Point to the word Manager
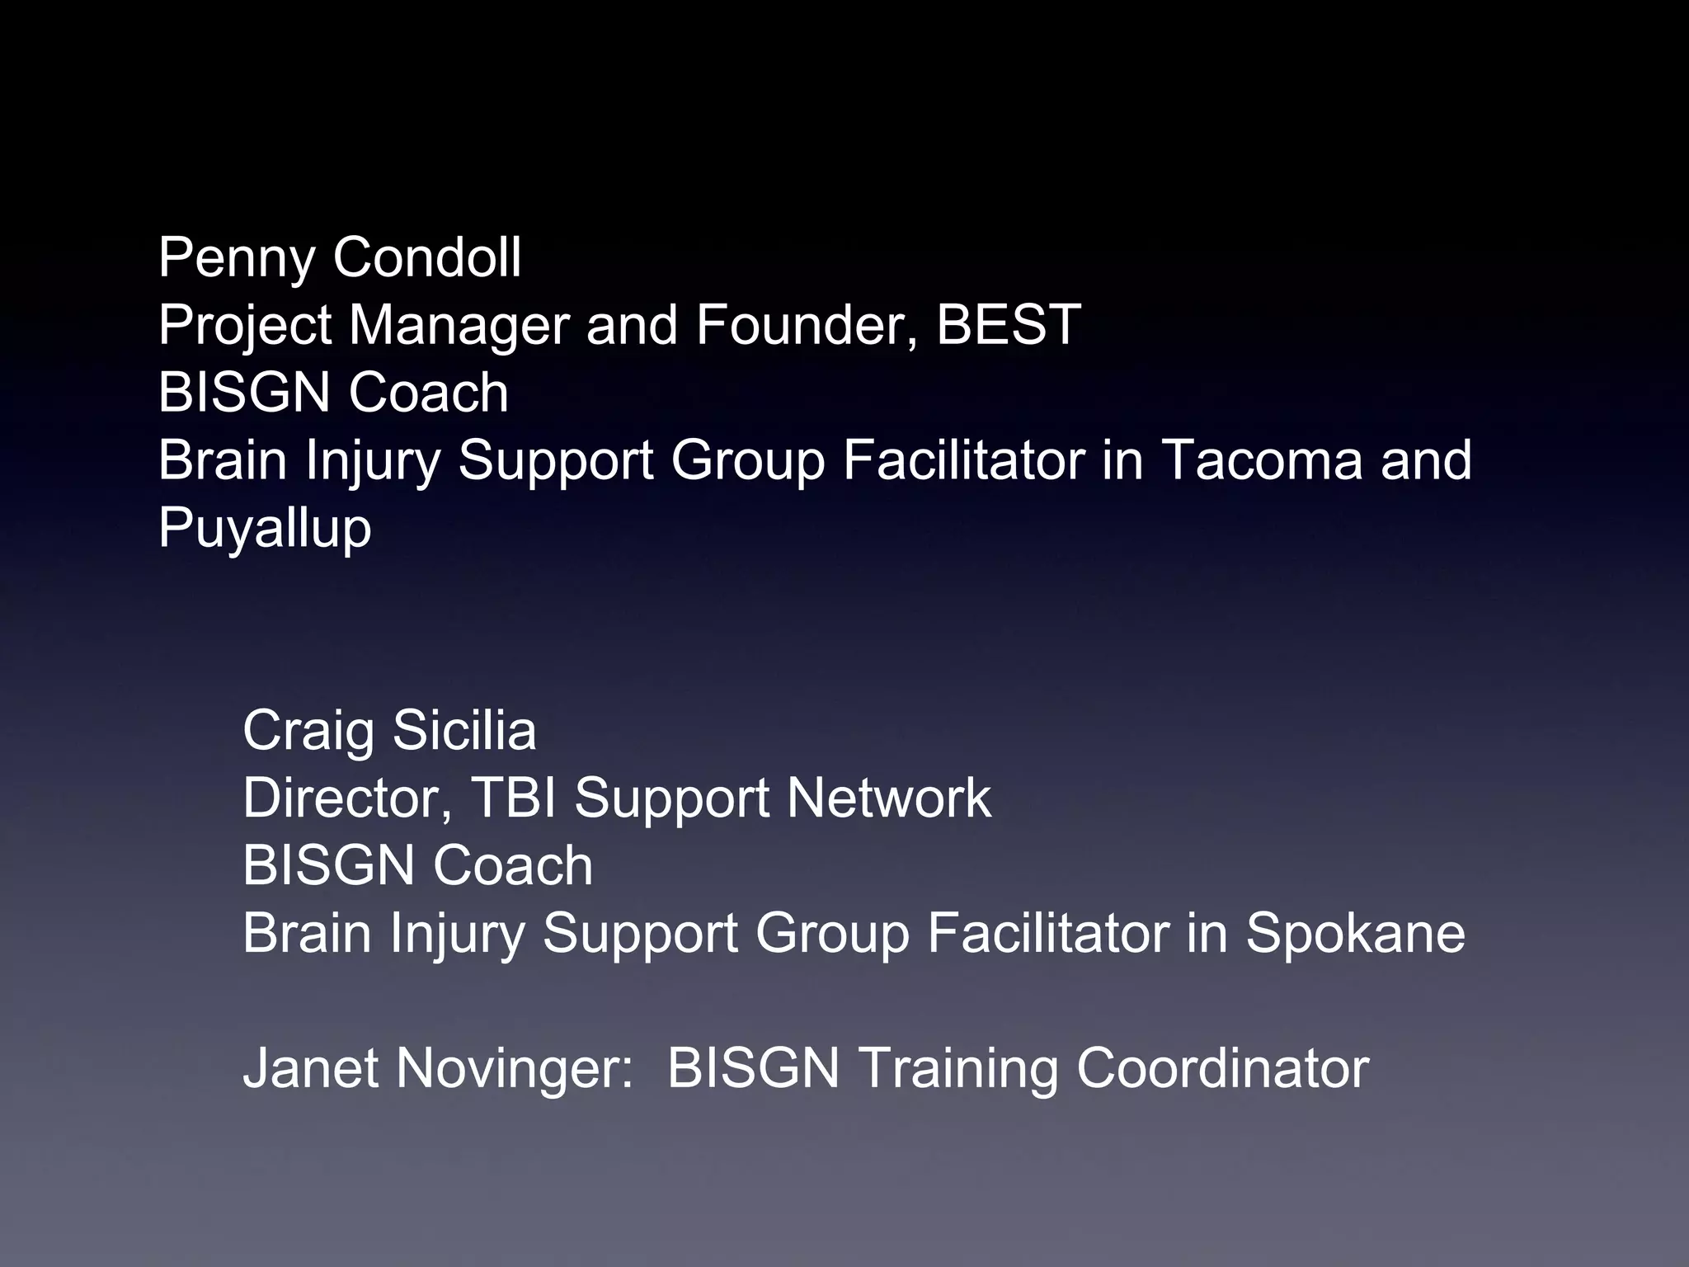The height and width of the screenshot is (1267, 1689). pos(458,326)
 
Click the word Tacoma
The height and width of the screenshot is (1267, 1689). pos(1262,459)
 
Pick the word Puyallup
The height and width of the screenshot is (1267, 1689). pos(265,529)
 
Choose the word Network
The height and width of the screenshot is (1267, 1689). pos(888,798)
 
